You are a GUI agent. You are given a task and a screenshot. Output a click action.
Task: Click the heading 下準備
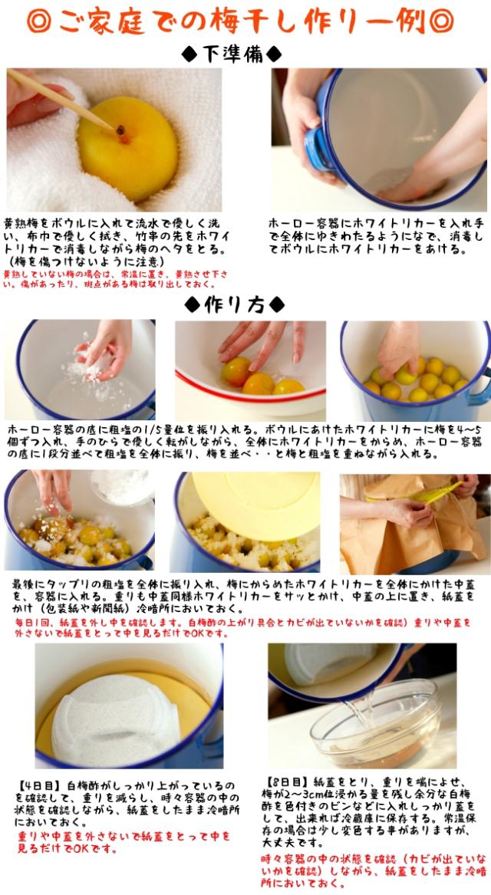tap(232, 54)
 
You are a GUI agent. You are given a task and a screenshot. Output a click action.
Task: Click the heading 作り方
tap(234, 304)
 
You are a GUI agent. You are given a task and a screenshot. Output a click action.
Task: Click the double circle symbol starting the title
tap(38, 21)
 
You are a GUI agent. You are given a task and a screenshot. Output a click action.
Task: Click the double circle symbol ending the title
tap(441, 21)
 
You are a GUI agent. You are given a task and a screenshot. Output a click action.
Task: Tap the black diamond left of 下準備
tap(190, 54)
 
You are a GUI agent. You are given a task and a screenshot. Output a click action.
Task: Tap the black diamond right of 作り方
tap(277, 304)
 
